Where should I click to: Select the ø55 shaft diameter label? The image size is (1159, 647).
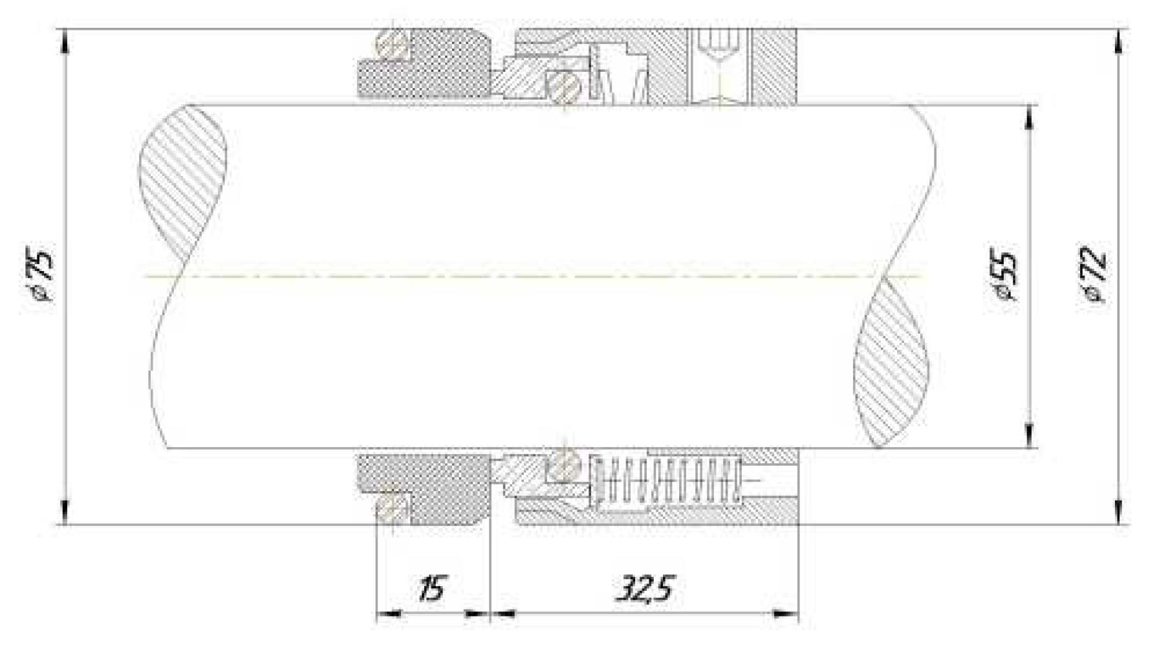[1004, 274]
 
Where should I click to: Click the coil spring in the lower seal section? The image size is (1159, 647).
[667, 479]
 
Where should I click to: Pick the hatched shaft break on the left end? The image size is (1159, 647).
[183, 182]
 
